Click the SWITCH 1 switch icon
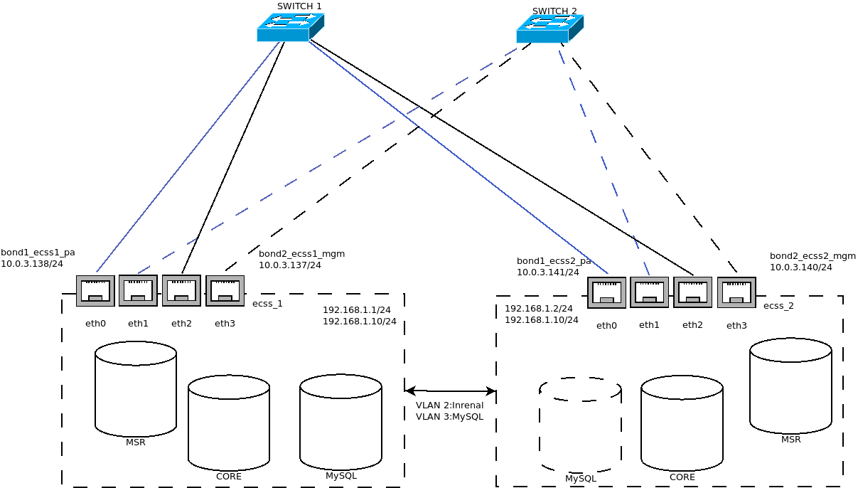tap(290, 28)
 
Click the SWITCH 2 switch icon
tap(549, 29)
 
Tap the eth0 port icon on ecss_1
tap(95, 291)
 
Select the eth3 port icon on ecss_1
tap(225, 291)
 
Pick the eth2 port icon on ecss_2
tap(692, 292)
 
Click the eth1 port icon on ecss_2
tap(649, 292)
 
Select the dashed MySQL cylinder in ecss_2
tap(580, 425)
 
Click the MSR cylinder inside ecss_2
tap(790, 386)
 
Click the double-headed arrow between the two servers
tap(450, 391)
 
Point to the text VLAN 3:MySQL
tap(449, 417)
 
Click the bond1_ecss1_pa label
tap(38, 252)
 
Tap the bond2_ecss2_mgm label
tap(813, 256)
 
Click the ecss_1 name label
tap(267, 304)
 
